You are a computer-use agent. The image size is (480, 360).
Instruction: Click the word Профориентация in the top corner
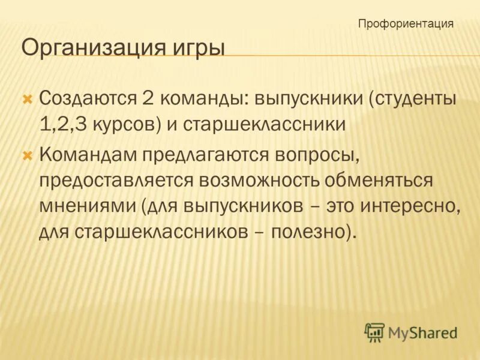tap(406, 24)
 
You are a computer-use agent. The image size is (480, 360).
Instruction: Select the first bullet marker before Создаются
tap(26, 98)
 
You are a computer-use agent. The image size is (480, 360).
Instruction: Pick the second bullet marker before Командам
tap(26, 155)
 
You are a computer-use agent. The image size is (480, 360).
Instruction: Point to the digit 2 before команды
tap(148, 98)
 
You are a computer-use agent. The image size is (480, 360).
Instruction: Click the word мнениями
tap(89, 206)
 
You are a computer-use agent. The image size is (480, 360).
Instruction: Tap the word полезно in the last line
tap(308, 232)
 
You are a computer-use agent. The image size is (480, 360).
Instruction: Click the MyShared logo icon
tap(374, 332)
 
